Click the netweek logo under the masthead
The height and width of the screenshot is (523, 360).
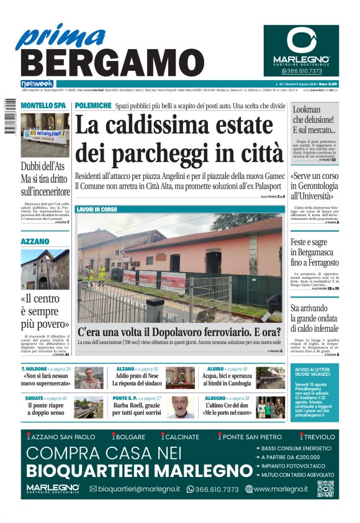pyautogui.click(x=37, y=84)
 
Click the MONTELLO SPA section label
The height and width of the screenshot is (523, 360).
pyautogui.click(x=42, y=106)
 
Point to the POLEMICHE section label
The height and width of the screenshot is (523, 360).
pyautogui.click(x=93, y=106)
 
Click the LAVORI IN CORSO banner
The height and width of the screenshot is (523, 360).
pyautogui.click(x=96, y=210)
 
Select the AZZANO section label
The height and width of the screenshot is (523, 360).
pyautogui.click(x=35, y=240)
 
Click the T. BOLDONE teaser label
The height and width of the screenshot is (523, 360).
pyautogui.click(x=35, y=369)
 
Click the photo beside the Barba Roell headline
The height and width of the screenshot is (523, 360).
pyautogui.click(x=179, y=407)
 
